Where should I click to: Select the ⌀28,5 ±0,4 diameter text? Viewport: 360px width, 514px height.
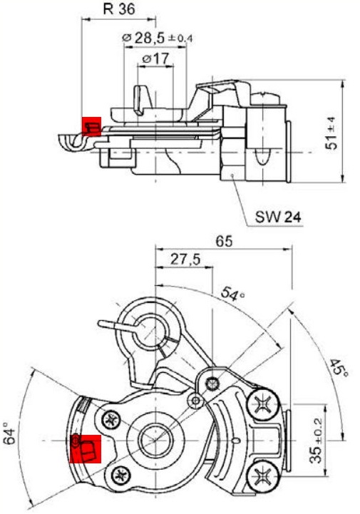coord(158,36)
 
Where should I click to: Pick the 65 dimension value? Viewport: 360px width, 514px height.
coord(225,242)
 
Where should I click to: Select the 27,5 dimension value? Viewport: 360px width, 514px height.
coord(184,260)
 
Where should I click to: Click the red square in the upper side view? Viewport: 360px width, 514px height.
coord(91,127)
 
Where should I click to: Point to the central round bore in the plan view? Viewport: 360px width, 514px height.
coord(153,440)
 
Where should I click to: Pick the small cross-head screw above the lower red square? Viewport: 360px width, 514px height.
coord(110,419)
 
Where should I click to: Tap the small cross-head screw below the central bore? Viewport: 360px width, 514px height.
coord(120,472)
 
